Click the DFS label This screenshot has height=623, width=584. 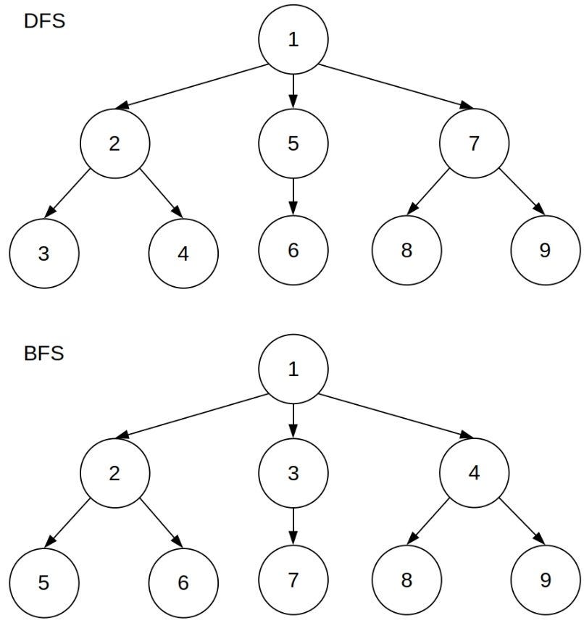tap(44, 21)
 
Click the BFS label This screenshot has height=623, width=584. tap(44, 354)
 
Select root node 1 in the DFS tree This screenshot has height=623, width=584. tap(293, 40)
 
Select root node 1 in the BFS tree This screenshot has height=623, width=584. tap(293, 369)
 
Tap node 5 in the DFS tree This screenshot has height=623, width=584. tap(293, 143)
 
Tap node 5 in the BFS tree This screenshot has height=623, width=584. tap(44, 582)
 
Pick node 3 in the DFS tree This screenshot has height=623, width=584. tap(44, 253)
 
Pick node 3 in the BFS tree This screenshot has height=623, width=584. tap(293, 473)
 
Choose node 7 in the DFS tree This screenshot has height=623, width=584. tap(474, 143)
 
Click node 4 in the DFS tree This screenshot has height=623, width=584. tap(183, 253)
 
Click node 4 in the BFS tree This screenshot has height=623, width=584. tap(474, 473)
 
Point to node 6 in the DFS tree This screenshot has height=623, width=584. tap(293, 251)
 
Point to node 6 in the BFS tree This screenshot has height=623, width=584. tap(183, 582)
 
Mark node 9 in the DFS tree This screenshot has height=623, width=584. tap(545, 251)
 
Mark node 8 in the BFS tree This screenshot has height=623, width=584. tap(406, 580)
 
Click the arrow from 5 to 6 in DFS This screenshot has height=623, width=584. tap(293, 196)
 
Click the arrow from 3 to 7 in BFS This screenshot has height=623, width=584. tap(293, 527)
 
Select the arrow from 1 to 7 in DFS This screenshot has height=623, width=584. tap(395, 87)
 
